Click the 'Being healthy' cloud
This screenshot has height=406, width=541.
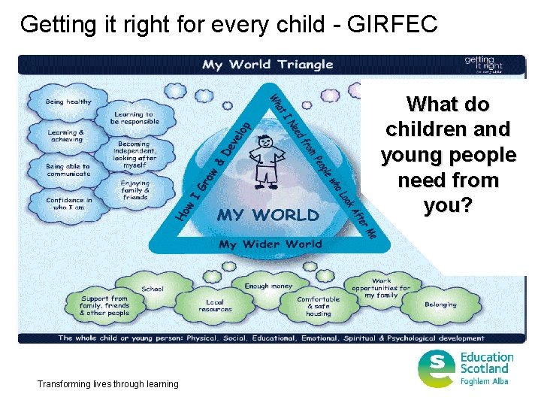68,101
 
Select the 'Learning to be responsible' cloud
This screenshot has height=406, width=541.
134,117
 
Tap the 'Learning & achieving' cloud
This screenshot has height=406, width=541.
66,135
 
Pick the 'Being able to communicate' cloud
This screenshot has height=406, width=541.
68,170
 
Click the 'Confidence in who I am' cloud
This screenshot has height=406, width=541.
68,204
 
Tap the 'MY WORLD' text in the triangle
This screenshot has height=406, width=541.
267,215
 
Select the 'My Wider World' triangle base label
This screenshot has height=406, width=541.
270,244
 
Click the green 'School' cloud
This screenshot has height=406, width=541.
153,289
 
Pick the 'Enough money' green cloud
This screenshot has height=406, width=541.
267,286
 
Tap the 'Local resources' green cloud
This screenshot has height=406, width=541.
215,306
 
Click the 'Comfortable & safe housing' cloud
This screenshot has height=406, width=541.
318,306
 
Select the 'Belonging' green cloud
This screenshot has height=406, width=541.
440,304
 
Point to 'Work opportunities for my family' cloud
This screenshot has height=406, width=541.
381,288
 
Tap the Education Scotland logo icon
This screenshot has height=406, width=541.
437,368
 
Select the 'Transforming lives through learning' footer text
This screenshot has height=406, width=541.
108,384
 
